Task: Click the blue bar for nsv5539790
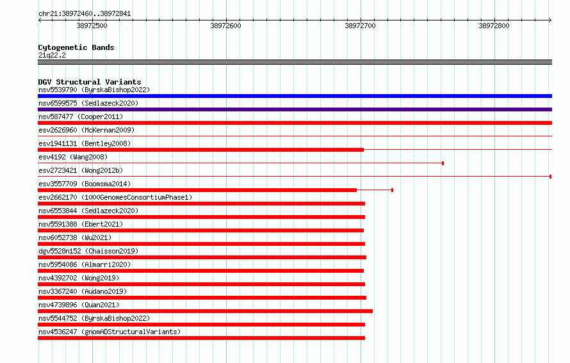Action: click(295, 96)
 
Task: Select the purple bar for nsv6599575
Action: click(295, 109)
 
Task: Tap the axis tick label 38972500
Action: click(92, 26)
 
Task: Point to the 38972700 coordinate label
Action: click(360, 26)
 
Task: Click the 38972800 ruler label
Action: click(494, 26)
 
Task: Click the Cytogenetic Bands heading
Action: click(76, 47)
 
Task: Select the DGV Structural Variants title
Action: click(90, 82)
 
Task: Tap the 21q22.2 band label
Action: click(52, 55)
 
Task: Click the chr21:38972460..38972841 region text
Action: click(85, 14)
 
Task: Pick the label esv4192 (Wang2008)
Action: click(73, 157)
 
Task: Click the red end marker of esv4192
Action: click(443, 163)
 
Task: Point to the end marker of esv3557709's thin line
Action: click(392, 190)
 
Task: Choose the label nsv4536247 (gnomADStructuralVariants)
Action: click(110, 332)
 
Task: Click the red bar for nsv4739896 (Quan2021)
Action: click(205, 311)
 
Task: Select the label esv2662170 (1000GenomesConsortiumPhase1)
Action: click(115, 197)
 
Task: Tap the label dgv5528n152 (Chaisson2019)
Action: click(88, 251)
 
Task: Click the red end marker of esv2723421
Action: click(550, 177)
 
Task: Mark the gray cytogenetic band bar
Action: click(295, 62)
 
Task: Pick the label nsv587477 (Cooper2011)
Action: click(81, 117)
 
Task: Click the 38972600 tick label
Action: click(225, 26)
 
